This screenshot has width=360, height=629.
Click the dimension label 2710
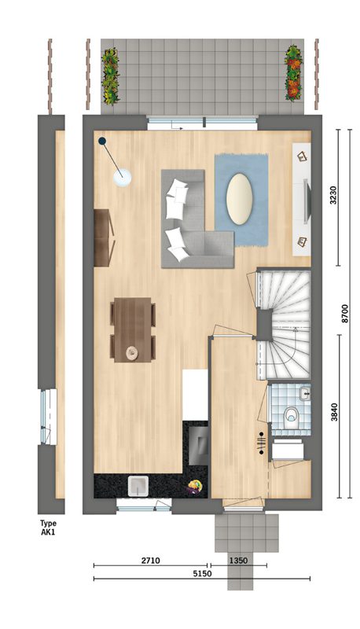150,561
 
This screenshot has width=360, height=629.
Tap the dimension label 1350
238,561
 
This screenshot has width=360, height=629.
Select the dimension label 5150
202,573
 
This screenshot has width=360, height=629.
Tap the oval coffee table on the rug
238,199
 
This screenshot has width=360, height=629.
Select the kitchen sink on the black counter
138,486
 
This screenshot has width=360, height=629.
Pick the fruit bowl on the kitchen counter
194,486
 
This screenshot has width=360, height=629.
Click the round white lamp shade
123,178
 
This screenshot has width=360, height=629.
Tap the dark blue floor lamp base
103,141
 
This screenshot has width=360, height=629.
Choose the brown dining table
132,329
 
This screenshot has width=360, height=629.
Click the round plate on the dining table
132,352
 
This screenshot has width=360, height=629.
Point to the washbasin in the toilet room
305,392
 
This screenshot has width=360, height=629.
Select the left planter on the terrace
110,75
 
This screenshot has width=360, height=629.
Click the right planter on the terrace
294,72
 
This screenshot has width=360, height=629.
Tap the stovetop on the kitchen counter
198,445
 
